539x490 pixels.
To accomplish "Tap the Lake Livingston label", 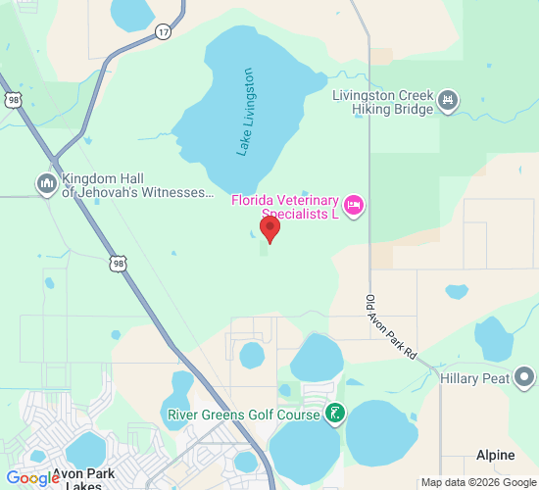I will (x=245, y=112).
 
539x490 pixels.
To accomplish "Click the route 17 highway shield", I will (x=163, y=32).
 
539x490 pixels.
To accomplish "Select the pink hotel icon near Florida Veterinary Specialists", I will (x=354, y=204).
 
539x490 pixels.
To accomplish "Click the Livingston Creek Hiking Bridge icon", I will (x=448, y=100).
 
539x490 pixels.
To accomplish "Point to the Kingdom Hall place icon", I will (x=46, y=183).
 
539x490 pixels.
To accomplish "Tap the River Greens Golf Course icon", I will (x=336, y=414).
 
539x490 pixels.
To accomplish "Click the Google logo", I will (x=32, y=477).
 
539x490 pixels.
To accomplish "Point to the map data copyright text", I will (x=478, y=482).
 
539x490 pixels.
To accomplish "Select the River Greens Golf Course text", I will (x=244, y=415).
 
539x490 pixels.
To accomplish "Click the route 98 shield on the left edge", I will (x=13, y=100).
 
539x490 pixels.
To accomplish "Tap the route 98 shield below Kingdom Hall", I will (x=118, y=264).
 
